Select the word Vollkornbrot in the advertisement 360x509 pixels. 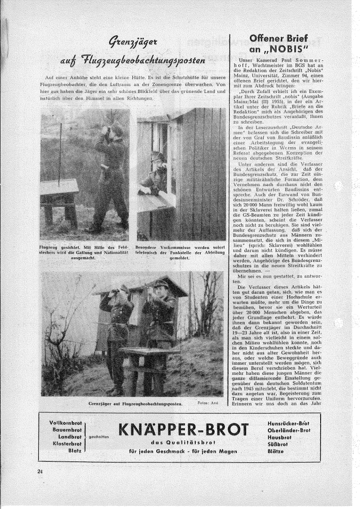point(66,423)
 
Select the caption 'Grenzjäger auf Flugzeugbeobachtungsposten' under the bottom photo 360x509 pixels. point(135,404)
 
